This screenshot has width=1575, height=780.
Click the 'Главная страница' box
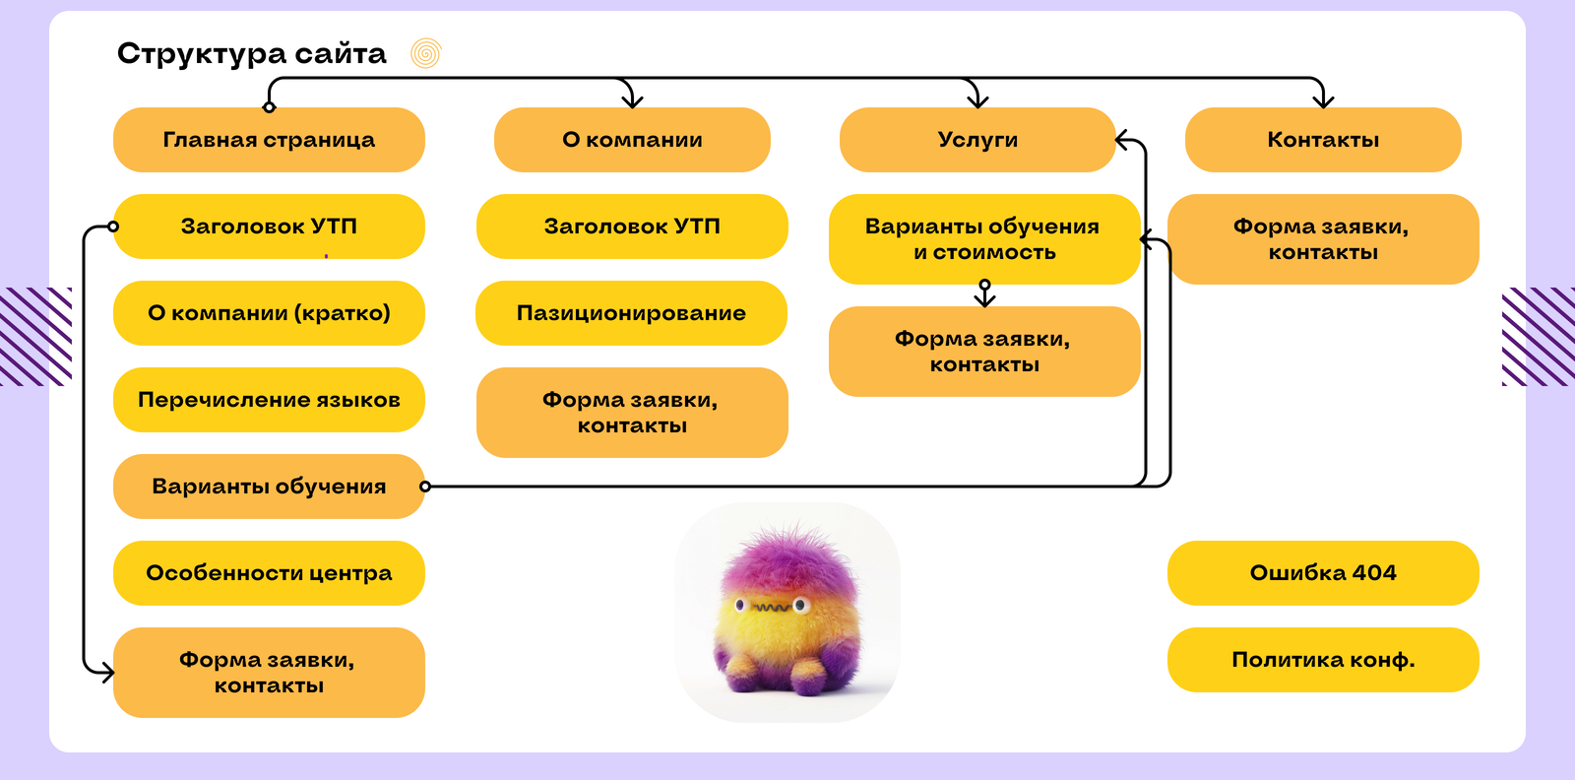click(x=269, y=140)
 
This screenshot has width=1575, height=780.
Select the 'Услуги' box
click(x=976, y=140)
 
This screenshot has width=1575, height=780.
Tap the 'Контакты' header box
click(x=1322, y=140)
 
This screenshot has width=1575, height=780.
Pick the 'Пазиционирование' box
click(x=631, y=313)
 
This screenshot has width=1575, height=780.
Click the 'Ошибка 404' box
click(x=1322, y=573)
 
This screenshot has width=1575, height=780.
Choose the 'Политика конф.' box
click(x=1322, y=660)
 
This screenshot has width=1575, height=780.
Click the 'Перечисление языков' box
click(x=269, y=400)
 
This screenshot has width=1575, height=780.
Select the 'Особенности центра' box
click(x=269, y=573)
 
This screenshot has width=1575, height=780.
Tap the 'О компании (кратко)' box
click(x=269, y=313)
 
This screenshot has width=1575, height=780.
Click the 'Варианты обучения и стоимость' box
click(x=983, y=239)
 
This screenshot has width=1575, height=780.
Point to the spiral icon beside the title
click(x=425, y=53)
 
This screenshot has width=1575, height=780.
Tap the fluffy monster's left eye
click(x=740, y=604)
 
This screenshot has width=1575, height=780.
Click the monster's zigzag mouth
click(x=772, y=608)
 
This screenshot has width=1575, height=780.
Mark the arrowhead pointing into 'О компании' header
click(x=632, y=100)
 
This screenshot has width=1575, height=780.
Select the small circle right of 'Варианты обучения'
click(x=425, y=487)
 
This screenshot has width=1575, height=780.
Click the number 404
click(x=1374, y=573)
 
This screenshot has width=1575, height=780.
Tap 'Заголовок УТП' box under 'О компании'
click(x=631, y=227)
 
